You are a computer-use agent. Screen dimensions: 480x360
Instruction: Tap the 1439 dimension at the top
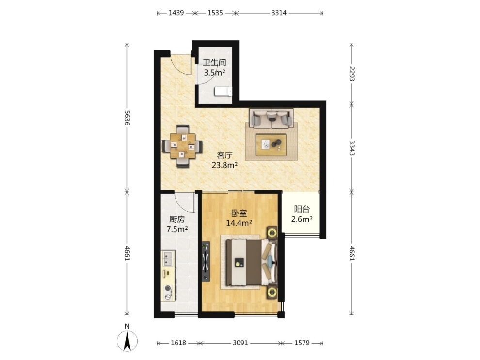point(176,13)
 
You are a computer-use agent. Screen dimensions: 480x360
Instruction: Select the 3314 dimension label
point(279,13)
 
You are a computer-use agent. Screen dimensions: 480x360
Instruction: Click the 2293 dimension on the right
point(352,74)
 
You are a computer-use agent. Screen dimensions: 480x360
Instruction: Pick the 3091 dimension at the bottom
point(240,343)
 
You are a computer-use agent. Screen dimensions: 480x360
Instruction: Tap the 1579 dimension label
point(302,343)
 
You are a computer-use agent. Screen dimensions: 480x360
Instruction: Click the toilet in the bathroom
point(223,91)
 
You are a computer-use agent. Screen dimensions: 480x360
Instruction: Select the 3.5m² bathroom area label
point(215,73)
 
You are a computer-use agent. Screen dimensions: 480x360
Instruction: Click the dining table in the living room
point(183,146)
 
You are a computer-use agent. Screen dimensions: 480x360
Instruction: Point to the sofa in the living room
point(271,118)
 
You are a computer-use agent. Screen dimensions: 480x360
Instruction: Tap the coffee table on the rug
point(271,145)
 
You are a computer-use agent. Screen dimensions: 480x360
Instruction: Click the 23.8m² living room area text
point(224,166)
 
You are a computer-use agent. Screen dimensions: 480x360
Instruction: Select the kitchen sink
point(167,258)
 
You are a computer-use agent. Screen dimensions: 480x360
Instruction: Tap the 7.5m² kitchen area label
point(177,229)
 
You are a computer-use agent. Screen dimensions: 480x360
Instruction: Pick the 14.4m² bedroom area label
point(239,223)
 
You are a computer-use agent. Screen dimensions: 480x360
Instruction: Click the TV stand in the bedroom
point(206,262)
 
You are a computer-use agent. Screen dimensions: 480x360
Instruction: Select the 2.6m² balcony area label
point(302,219)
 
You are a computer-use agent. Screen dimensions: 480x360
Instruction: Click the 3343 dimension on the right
point(352,148)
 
